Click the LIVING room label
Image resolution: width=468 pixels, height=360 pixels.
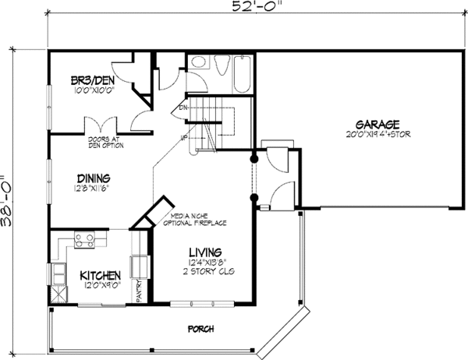(x=205, y=252)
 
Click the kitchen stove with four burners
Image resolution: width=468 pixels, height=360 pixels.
(x=84, y=241)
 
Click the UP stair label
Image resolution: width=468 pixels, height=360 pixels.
(x=184, y=138)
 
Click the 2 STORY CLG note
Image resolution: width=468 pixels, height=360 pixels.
(x=206, y=270)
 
